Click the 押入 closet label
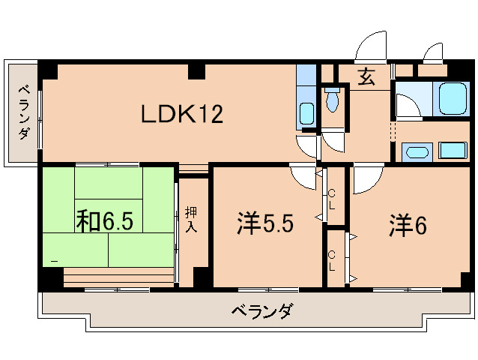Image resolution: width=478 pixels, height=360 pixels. coord(191,219)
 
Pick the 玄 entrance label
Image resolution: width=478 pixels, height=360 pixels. coord(366,77)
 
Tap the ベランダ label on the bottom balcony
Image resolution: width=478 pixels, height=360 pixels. coord(261,310)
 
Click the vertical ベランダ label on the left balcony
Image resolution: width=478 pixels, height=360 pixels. coord(23,112)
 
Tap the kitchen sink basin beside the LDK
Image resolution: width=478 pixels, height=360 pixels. coord(306,115)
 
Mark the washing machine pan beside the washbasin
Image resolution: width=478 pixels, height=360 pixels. coord(453,149)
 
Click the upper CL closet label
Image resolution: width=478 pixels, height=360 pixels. coord(333,199)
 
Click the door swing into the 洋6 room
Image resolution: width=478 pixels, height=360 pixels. coord(366,178)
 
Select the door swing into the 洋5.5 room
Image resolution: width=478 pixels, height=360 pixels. coord(304,177)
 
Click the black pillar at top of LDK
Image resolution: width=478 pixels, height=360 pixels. coord(196,72)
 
